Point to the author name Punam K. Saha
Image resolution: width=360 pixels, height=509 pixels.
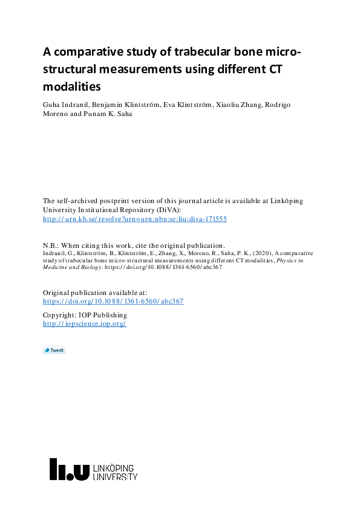100,114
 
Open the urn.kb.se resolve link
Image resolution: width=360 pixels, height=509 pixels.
134,219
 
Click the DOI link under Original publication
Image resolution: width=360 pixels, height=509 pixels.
113,301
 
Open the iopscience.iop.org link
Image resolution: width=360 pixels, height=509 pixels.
84,324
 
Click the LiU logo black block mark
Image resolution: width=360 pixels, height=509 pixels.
69,470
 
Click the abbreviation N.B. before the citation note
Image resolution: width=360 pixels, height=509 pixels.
50,245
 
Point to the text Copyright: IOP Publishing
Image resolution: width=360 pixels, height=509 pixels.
85,315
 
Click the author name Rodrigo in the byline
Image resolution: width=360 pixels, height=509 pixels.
274,105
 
